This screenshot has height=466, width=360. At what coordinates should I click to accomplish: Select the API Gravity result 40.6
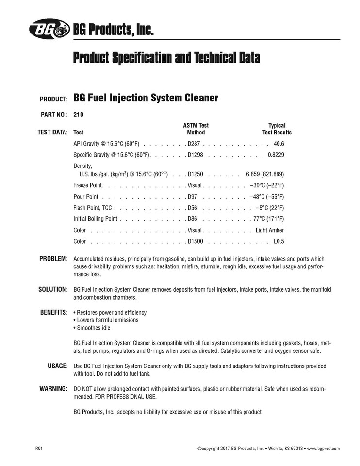click(279, 144)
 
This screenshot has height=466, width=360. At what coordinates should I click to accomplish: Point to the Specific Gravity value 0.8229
click(276, 155)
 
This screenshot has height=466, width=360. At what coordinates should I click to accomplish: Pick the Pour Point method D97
click(193, 197)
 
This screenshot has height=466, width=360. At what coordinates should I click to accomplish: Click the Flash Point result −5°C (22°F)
click(269, 208)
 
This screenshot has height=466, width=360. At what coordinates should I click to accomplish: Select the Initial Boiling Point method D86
click(193, 219)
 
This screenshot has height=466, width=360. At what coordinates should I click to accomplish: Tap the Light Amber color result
click(270, 230)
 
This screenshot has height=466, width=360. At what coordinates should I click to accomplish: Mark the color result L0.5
click(278, 241)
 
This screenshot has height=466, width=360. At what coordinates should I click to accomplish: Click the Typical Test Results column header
click(277, 129)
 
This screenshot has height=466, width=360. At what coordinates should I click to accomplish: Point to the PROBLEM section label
click(53, 259)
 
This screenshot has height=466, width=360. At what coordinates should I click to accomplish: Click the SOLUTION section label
click(52, 289)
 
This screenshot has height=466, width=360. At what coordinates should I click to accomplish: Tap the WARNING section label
click(53, 389)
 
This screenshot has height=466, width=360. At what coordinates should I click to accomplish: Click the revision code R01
click(39, 449)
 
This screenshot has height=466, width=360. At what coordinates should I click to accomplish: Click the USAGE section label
click(57, 366)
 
